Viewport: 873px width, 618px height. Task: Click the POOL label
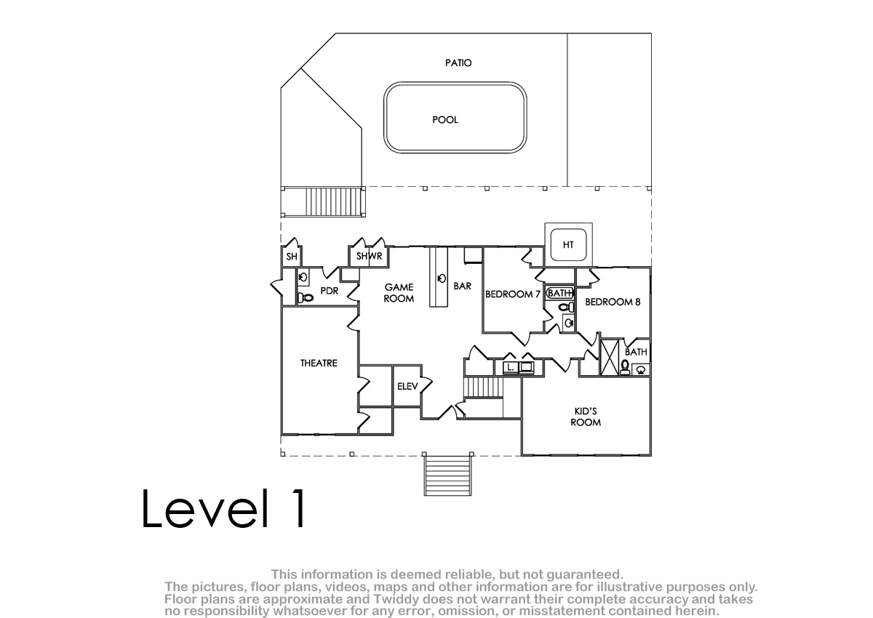pyautogui.click(x=445, y=119)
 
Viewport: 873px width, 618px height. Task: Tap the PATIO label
pyautogui.click(x=458, y=63)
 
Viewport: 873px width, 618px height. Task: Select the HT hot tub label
pyautogui.click(x=568, y=244)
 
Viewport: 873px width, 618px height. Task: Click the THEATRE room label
pyautogui.click(x=319, y=363)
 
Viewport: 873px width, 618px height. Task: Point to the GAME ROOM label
pyautogui.click(x=399, y=293)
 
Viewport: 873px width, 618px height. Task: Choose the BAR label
pyautogui.click(x=463, y=286)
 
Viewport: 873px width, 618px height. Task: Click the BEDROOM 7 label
pyautogui.click(x=512, y=294)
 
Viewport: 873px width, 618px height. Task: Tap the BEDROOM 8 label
pyautogui.click(x=613, y=302)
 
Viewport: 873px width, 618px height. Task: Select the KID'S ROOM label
pyautogui.click(x=586, y=417)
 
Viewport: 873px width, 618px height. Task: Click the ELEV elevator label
pyautogui.click(x=407, y=386)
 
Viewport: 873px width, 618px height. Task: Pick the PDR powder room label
pyautogui.click(x=330, y=291)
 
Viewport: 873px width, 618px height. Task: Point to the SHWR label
pyautogui.click(x=369, y=256)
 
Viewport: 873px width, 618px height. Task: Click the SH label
pyautogui.click(x=292, y=256)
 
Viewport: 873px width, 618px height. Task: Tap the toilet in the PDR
pyautogui.click(x=306, y=298)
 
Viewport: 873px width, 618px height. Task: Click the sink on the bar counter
pyautogui.click(x=442, y=278)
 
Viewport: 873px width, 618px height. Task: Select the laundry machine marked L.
pyautogui.click(x=511, y=367)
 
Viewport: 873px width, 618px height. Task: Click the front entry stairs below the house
pyautogui.click(x=448, y=474)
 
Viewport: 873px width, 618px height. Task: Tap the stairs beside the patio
pyautogui.click(x=335, y=201)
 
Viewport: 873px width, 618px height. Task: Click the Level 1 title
pyautogui.click(x=224, y=508)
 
